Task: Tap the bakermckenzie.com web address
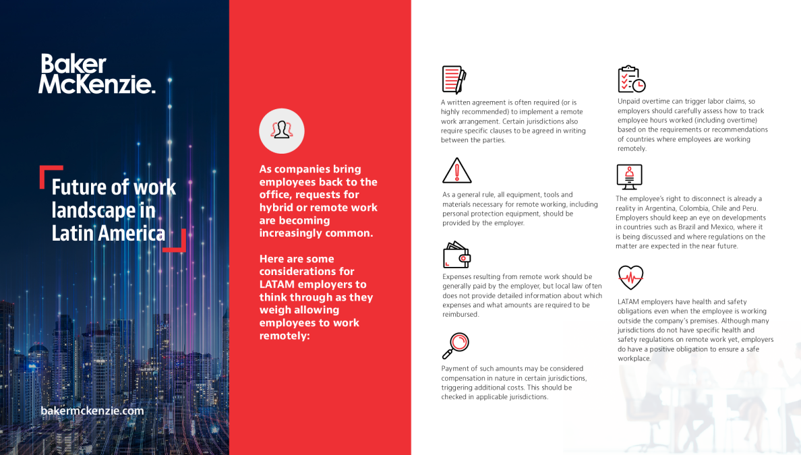[x=92, y=411]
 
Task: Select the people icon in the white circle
[x=281, y=130]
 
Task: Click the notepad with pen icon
[x=454, y=80]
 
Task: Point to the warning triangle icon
[x=456, y=171]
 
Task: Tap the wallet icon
[x=456, y=255]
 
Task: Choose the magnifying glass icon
[x=455, y=345]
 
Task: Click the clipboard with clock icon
[x=631, y=79]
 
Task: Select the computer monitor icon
[x=629, y=177]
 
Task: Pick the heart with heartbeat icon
[x=630, y=277]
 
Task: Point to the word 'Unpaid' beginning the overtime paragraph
[x=630, y=101]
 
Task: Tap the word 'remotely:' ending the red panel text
[x=285, y=336]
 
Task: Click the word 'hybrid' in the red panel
[x=276, y=208]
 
